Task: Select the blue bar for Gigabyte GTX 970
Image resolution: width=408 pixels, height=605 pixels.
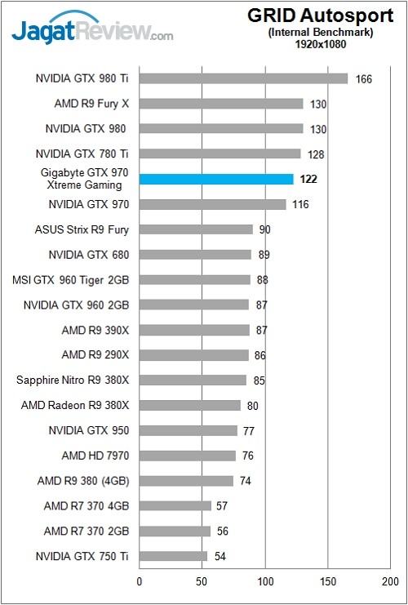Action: pos(216,179)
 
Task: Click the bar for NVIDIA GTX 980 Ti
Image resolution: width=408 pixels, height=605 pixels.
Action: pos(243,78)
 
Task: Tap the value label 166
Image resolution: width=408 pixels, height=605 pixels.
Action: pos(364,79)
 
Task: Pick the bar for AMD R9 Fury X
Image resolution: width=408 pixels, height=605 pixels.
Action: pos(221,104)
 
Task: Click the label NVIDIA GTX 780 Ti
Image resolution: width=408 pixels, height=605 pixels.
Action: pos(82,153)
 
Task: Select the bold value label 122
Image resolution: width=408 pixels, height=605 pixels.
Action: pos(308,179)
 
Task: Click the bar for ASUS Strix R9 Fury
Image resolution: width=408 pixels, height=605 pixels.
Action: pos(196,229)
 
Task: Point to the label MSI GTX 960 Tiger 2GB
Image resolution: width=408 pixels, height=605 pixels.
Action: pos(71,280)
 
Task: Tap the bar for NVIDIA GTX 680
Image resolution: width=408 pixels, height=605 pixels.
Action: pos(195,255)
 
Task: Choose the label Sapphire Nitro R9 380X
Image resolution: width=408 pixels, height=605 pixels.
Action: pos(73,380)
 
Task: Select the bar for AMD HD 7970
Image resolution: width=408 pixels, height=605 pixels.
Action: pos(187,456)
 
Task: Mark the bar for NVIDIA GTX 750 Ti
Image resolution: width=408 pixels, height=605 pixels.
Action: pos(173,556)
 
